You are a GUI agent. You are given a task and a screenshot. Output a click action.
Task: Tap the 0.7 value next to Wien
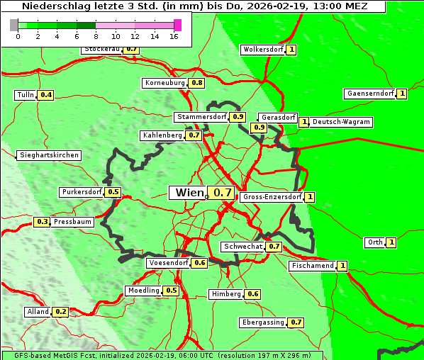223,193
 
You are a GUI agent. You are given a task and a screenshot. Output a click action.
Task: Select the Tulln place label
25,95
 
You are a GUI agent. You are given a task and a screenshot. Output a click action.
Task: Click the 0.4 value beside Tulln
45,95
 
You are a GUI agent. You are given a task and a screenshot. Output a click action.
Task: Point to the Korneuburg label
164,83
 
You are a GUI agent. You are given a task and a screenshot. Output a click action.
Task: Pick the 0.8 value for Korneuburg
197,83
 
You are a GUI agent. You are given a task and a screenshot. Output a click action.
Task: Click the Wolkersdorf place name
262,50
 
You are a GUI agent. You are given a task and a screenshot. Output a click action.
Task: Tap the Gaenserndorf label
369,94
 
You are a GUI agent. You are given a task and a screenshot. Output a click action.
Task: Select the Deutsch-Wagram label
341,122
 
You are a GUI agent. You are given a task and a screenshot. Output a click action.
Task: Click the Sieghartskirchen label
49,155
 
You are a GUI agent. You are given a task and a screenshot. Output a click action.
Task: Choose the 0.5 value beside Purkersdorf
113,192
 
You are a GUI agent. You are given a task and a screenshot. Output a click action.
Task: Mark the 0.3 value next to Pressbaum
42,222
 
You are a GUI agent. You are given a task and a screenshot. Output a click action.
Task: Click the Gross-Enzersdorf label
272,197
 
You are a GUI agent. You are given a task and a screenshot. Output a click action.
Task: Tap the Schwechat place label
243,247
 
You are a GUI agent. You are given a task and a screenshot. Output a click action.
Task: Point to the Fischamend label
312,266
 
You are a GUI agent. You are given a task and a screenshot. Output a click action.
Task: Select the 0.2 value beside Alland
60,312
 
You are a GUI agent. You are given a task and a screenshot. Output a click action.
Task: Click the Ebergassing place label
262,322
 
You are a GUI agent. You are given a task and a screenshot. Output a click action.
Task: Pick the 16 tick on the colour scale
174,36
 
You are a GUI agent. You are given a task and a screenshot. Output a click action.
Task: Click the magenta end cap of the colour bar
177,25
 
